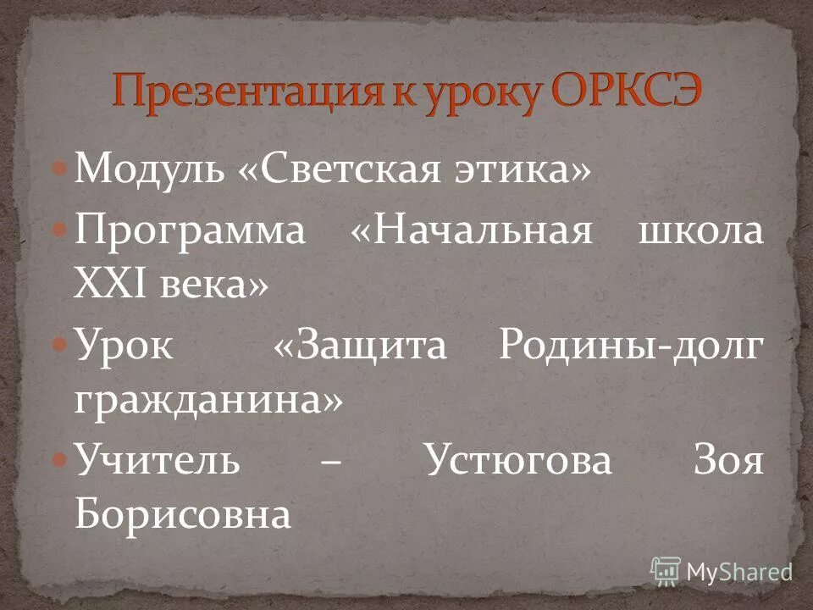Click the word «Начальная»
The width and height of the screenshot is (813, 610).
[482, 230]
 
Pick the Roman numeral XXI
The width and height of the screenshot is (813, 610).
[109, 286]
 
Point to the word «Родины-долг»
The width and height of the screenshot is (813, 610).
[628, 347]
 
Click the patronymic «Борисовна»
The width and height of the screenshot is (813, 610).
[183, 514]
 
